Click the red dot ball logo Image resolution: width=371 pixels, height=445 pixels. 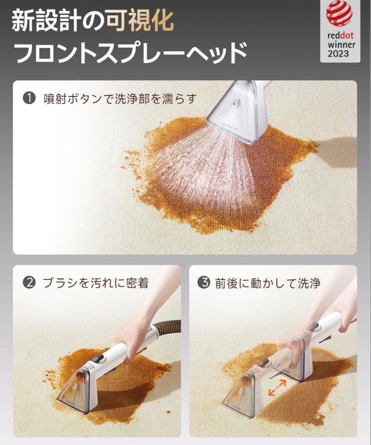pyautogui.click(x=339, y=14)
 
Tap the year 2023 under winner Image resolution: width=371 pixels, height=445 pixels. pyautogui.click(x=339, y=53)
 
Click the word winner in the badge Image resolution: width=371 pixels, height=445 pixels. pyautogui.click(x=341, y=45)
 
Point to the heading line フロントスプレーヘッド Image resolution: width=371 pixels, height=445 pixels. pyautogui.click(x=131, y=52)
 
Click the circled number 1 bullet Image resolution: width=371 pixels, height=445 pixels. pyautogui.click(x=29, y=98)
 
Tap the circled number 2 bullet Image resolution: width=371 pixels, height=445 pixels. pyautogui.click(x=29, y=283)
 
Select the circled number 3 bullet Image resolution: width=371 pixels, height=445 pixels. pyautogui.click(x=204, y=283)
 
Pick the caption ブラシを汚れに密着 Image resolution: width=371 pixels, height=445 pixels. pyautogui.click(x=96, y=283)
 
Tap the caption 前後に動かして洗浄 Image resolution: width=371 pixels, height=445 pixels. pyautogui.click(x=268, y=283)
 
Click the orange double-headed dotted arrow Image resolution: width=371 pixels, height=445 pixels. pyautogui.click(x=277, y=388)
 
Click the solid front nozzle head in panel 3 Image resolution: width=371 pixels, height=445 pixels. pyautogui.click(x=241, y=394)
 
